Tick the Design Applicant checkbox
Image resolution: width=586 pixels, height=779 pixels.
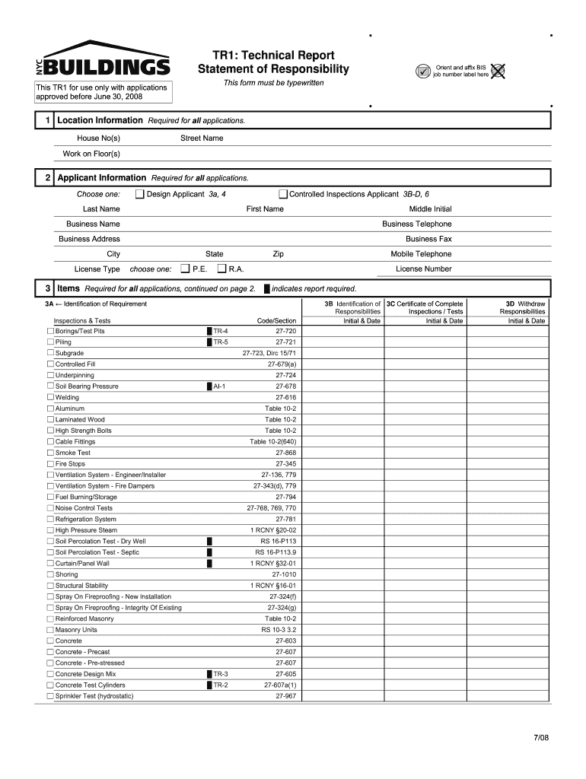click(x=140, y=194)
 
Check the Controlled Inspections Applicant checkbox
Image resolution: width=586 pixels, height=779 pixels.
click(x=283, y=194)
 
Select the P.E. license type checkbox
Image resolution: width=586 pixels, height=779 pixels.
click(x=185, y=269)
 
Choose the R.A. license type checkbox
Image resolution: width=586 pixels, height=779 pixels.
click(x=221, y=269)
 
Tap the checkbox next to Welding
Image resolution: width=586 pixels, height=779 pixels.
click(x=50, y=398)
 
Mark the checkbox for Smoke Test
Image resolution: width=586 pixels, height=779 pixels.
click(x=50, y=453)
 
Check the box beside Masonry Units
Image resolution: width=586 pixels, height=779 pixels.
click(x=50, y=630)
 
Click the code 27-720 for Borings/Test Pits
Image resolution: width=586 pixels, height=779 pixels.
click(x=285, y=332)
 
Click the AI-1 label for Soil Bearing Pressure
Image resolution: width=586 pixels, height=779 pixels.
click(x=219, y=386)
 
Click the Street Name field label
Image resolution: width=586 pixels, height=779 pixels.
click(x=202, y=138)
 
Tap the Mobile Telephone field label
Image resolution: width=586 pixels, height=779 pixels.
click(x=421, y=254)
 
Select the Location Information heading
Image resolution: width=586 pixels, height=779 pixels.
click(x=100, y=121)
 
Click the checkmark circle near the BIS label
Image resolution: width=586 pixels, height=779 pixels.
click(x=423, y=72)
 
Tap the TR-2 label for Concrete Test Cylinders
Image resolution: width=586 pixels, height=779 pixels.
click(x=220, y=685)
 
